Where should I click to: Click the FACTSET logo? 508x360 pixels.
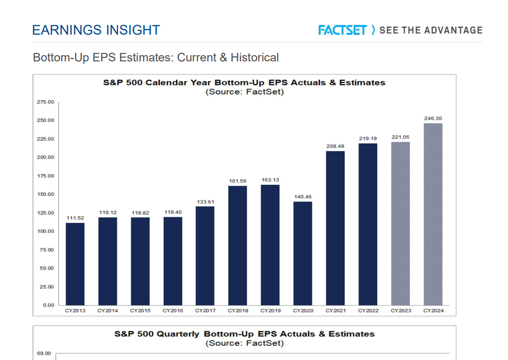343,30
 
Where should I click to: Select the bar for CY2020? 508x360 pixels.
303,253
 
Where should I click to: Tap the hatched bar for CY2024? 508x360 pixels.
433,214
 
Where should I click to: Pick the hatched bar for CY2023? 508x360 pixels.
400,224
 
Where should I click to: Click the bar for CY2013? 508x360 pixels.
75,264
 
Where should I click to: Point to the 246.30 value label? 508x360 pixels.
433,118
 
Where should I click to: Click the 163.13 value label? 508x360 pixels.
270,180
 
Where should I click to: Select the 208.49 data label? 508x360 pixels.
335,146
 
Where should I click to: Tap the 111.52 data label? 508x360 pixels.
75,218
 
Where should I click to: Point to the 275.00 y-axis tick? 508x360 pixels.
46,102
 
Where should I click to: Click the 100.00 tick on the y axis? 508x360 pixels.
46,231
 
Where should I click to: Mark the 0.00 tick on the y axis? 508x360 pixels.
49,305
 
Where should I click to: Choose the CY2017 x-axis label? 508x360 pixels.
205,311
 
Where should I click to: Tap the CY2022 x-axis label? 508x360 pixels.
368,311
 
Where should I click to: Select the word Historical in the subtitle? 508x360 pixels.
255,57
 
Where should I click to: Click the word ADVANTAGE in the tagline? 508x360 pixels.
453,30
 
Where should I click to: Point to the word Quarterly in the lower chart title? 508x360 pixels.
178,334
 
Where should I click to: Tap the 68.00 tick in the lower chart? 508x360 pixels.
44,353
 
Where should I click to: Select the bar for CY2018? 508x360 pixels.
238,246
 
